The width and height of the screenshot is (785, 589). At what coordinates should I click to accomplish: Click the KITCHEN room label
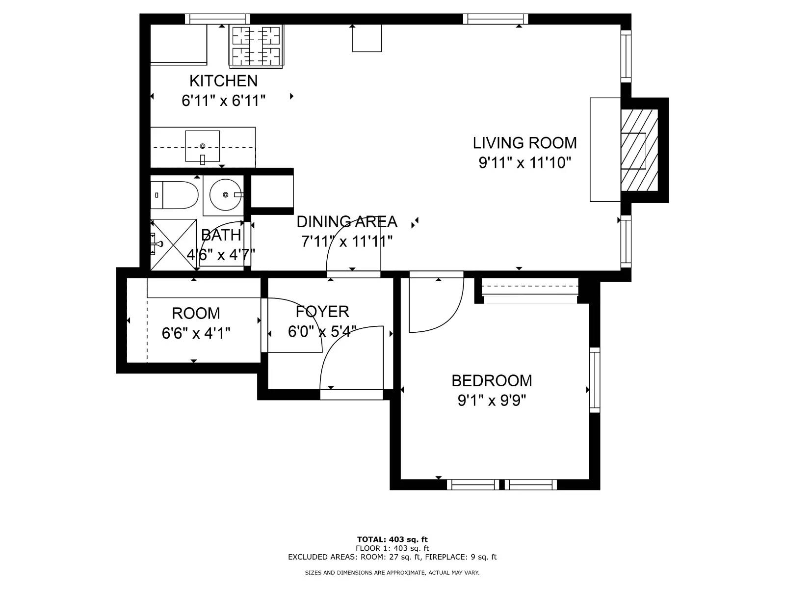(223, 81)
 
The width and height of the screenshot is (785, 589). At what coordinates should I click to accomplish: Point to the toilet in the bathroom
(174, 195)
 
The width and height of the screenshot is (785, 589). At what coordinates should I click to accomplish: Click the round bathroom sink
(225, 195)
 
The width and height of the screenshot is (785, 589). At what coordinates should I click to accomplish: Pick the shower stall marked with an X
(174, 244)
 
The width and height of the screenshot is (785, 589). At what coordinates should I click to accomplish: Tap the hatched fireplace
(639, 150)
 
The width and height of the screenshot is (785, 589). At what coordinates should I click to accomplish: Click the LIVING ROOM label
(524, 143)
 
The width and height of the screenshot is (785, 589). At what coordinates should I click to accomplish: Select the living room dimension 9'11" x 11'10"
(524, 163)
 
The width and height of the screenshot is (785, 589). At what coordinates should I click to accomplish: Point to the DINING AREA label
(347, 222)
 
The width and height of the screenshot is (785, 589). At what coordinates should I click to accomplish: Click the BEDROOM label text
(492, 380)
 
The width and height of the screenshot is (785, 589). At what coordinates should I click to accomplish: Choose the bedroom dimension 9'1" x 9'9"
(492, 401)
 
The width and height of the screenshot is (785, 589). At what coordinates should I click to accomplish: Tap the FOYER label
(322, 312)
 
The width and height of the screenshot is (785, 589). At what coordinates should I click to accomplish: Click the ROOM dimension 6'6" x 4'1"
(196, 333)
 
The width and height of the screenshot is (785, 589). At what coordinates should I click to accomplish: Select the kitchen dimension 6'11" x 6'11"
(223, 101)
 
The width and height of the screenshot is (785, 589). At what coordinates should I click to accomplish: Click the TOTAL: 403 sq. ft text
(392, 539)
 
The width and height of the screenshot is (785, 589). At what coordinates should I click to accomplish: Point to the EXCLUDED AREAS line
(392, 557)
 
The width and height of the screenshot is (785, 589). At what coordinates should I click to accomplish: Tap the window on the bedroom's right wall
(594, 380)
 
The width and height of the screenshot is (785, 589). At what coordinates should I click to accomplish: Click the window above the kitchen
(218, 19)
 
